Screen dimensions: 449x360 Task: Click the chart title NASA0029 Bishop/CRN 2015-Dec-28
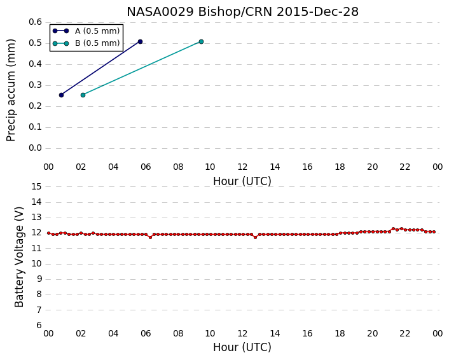[x=242, y=11]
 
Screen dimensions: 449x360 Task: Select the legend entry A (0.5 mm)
[x=86, y=31]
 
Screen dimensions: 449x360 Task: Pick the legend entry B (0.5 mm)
[x=86, y=43]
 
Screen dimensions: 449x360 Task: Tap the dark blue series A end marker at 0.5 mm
[x=140, y=42]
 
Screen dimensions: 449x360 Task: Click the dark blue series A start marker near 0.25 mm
[x=61, y=95]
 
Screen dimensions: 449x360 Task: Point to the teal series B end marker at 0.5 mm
[x=202, y=42]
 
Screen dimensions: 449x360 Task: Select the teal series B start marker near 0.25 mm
[x=83, y=95]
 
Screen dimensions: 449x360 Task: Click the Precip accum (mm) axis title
[x=11, y=90]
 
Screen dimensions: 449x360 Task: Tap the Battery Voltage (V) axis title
[x=19, y=257]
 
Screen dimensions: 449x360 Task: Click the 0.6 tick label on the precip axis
[x=35, y=22]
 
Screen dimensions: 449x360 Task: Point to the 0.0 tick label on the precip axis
[x=35, y=148]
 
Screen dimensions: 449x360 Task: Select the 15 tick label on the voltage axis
[x=36, y=187]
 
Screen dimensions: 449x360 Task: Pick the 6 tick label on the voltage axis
[x=39, y=326]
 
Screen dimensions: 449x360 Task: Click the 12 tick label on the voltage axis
[x=36, y=233]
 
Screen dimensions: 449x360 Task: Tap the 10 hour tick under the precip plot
[x=210, y=167]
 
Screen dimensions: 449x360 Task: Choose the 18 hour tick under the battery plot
[x=340, y=333]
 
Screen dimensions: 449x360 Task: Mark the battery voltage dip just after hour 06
[x=150, y=237]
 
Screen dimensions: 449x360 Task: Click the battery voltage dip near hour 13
[x=256, y=237]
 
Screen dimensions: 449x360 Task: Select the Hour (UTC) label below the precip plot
[x=242, y=181]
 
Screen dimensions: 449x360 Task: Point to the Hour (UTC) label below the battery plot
[x=242, y=347]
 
